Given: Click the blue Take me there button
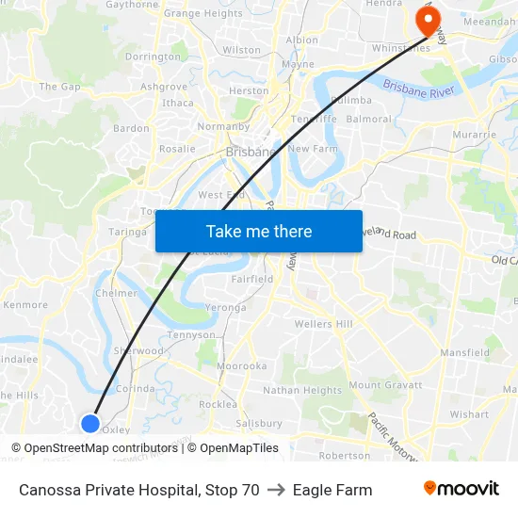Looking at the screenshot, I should point(258,231).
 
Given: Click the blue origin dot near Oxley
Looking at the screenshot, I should point(90,423).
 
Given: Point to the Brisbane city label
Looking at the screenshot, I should point(251,151).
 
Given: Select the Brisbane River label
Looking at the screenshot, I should point(418,91).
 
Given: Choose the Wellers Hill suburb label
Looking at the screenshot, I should point(323,324).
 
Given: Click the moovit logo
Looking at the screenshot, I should point(461,489).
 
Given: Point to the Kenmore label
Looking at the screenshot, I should point(25,305).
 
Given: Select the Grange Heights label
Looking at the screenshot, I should point(202,14).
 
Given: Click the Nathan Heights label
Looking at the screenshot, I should point(301,390).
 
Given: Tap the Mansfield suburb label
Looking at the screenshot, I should point(464,353).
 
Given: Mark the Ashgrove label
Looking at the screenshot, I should point(164,87).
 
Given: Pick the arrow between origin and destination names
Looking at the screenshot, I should point(276,490).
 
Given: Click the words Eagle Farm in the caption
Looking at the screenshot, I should point(332,490).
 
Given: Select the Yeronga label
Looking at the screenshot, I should point(226,307).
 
